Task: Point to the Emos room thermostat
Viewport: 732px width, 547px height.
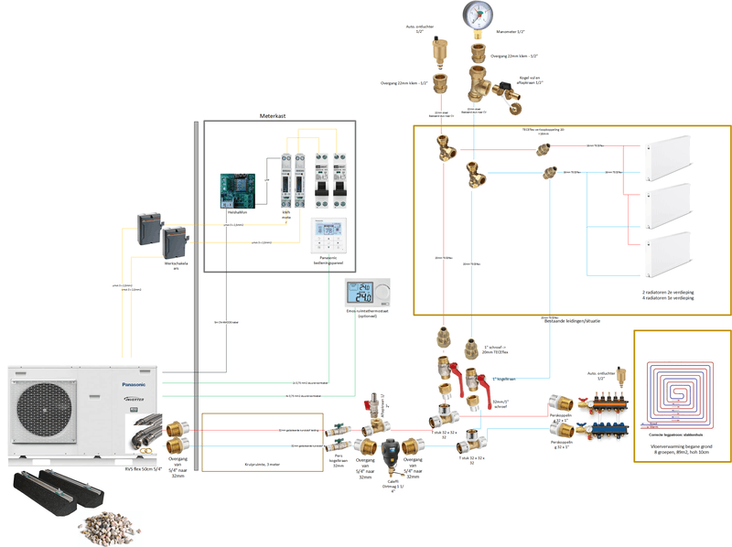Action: [x=367, y=295]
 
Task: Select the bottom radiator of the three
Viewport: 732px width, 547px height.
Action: [x=681, y=258]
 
